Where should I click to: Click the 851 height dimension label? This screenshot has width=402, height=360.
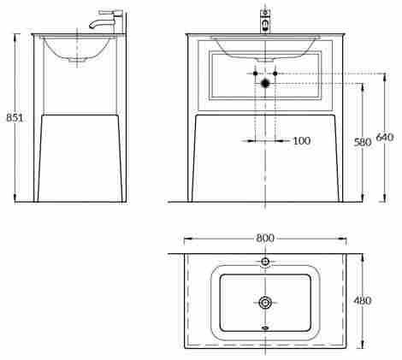pos(15,117)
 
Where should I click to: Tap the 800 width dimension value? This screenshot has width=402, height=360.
pos(265,238)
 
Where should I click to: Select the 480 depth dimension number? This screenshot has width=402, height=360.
pos(363,301)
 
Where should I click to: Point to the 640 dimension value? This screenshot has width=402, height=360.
pos(385,137)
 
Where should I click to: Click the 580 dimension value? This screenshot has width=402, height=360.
pos(363,142)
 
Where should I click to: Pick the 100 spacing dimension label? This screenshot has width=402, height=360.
pos(302,141)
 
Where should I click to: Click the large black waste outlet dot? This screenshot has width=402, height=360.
pos(265,83)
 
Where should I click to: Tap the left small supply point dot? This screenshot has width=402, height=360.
pos(256,74)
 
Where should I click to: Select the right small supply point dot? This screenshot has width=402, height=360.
pos(275,74)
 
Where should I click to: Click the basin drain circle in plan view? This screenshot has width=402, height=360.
pos(265,303)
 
